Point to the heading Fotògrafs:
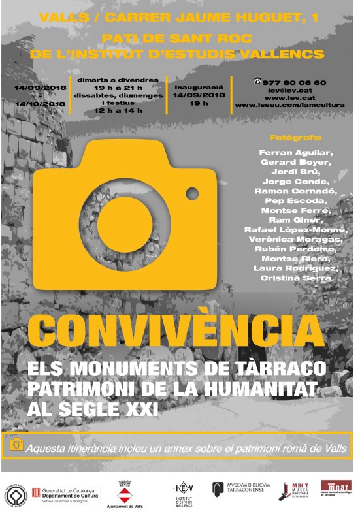point(296,137)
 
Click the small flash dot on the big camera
point(192,193)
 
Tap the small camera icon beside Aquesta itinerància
point(16,445)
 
